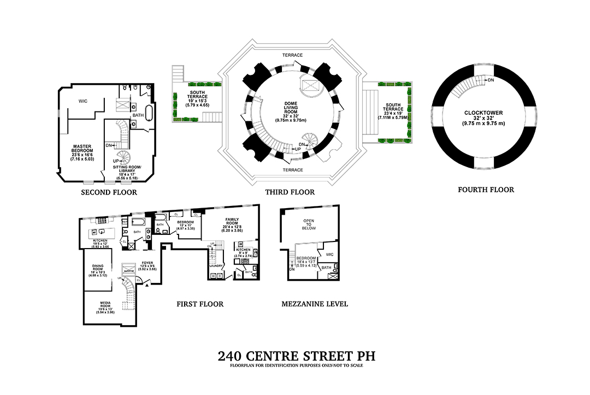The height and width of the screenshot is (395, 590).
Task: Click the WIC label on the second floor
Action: pos(83,101)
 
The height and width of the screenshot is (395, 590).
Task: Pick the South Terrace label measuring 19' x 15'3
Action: pos(197,96)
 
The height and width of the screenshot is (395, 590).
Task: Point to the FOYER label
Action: pos(147,262)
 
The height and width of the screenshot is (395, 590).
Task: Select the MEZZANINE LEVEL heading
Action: pos(314,304)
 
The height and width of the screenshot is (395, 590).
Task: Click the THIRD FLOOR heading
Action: pos(290,192)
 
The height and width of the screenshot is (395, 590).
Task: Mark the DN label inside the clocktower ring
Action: pos(491,80)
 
